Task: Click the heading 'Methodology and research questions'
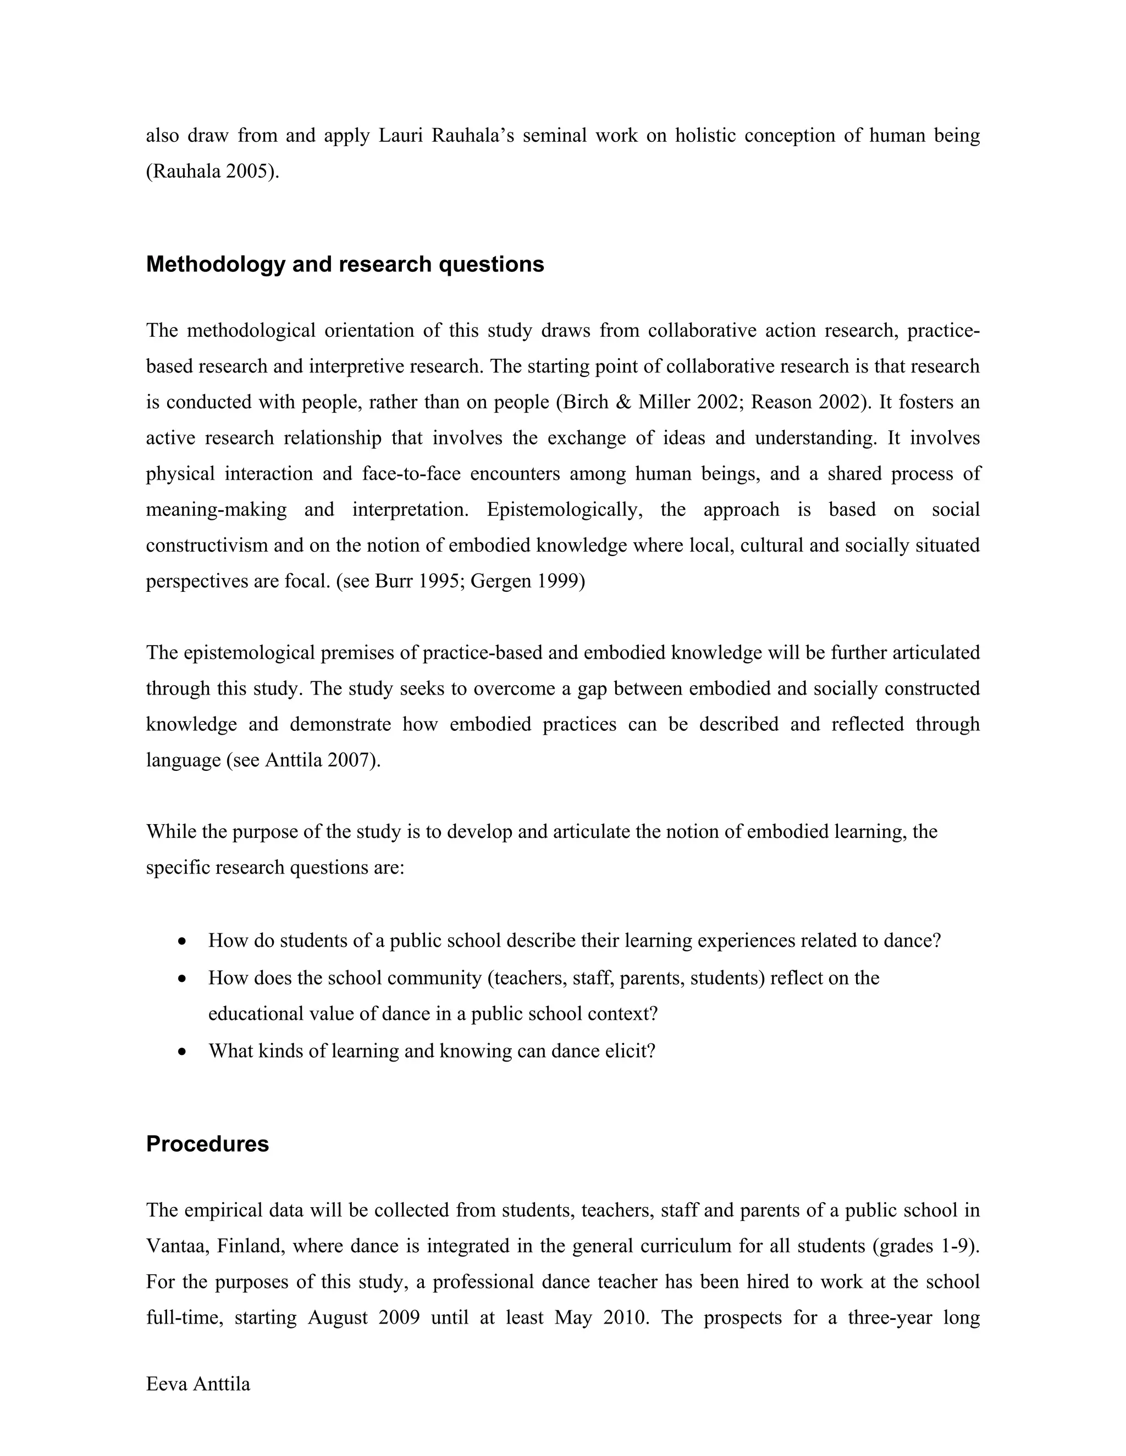click(345, 265)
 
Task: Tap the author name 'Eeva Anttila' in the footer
click(198, 1384)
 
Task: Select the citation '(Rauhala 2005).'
click(213, 171)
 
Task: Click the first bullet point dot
click(182, 942)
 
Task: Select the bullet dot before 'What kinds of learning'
click(182, 1053)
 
